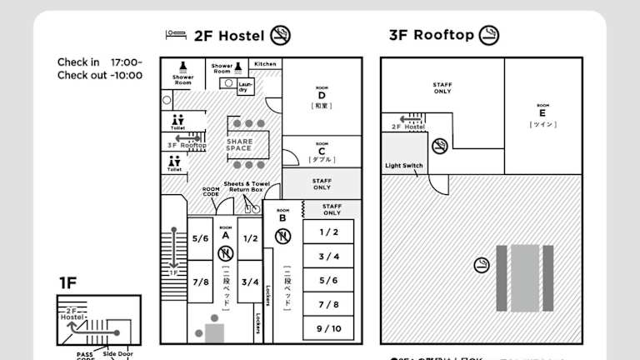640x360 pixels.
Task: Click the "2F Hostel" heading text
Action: [x=228, y=36]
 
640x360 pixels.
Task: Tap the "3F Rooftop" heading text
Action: [x=431, y=35]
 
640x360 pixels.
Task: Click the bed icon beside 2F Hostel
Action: [x=176, y=35]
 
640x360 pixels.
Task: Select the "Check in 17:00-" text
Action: [x=99, y=62]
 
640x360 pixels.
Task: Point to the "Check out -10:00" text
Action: [x=99, y=75]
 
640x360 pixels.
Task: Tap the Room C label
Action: [x=322, y=151]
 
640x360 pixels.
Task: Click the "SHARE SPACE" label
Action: [x=239, y=145]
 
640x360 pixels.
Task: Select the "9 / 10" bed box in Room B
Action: [x=328, y=327]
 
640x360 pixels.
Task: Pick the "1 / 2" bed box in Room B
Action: [x=328, y=232]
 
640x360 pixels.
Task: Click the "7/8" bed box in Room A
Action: [x=201, y=282]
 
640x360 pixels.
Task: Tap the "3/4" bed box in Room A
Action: [x=250, y=282]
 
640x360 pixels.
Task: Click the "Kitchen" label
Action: [x=266, y=64]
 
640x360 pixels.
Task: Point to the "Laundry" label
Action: [x=246, y=86]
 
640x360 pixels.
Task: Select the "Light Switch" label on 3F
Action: [x=404, y=166]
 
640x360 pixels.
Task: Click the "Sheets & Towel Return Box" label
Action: [x=247, y=187]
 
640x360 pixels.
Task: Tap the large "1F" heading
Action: [x=67, y=283]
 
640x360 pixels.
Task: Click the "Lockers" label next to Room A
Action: [x=267, y=307]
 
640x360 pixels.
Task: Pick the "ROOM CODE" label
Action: [x=211, y=192]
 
